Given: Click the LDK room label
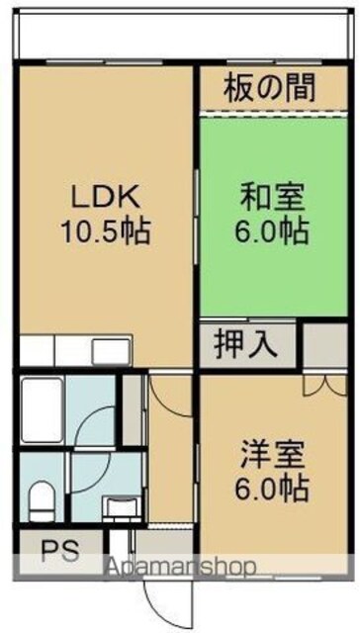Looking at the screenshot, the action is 106,198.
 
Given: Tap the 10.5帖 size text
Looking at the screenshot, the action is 106,231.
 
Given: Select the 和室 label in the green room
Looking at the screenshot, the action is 273,198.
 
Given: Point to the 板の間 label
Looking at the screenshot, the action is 270,89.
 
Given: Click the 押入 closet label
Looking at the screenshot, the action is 246,345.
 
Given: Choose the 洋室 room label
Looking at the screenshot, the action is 273,455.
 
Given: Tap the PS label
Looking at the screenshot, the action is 60,550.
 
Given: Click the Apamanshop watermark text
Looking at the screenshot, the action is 180,567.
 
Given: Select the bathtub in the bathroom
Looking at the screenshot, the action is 42,409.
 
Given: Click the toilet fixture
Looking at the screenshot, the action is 42,500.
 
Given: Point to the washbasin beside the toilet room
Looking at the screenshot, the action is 121,509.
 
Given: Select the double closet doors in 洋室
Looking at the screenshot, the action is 325,385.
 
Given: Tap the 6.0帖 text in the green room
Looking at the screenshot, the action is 272,231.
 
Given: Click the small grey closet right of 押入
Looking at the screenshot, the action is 325,345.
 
